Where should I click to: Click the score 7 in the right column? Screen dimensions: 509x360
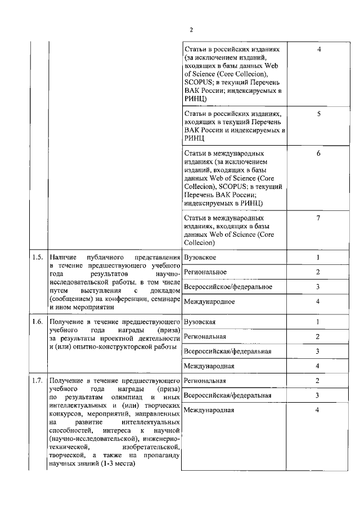(x=318, y=218)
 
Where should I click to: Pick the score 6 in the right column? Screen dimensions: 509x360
(x=318, y=153)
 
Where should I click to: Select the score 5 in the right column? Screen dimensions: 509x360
(x=318, y=114)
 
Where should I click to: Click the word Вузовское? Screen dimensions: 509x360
(x=200, y=258)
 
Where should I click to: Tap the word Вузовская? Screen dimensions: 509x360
(x=200, y=322)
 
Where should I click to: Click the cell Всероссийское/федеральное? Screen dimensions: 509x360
(x=228, y=287)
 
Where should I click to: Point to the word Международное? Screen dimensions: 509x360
(x=209, y=302)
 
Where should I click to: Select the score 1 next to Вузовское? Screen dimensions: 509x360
(x=318, y=258)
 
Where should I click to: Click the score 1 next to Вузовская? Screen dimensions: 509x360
(x=318, y=322)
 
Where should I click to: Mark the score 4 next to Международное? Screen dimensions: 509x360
(x=318, y=302)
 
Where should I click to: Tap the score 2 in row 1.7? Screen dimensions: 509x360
(x=318, y=381)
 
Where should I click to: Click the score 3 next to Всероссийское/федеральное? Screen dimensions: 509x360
(x=318, y=287)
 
